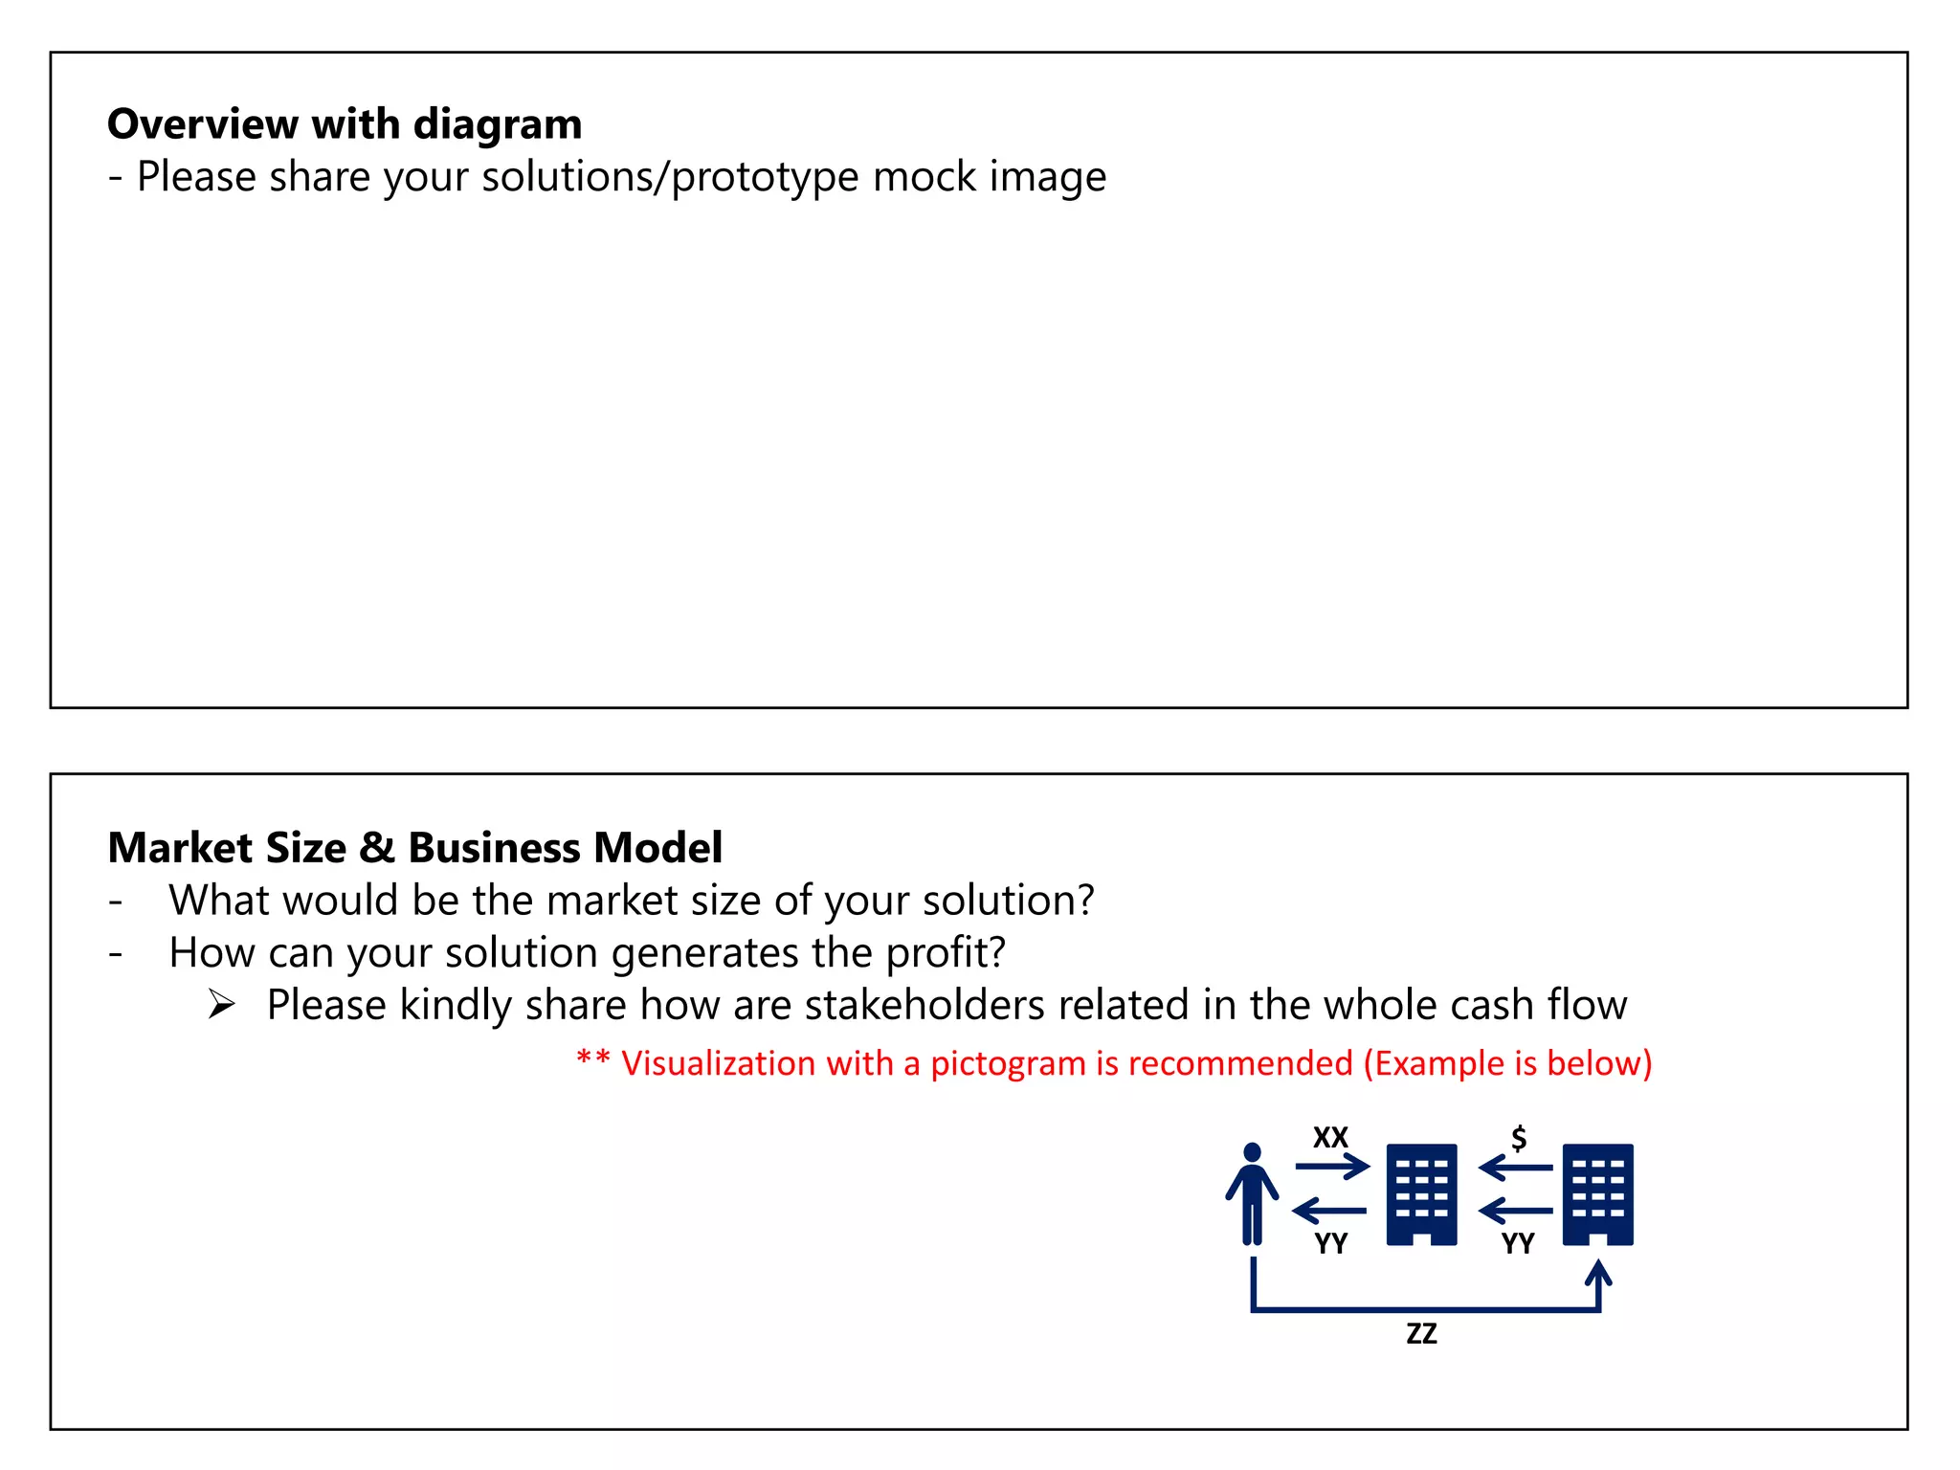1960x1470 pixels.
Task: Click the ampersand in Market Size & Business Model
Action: coord(377,848)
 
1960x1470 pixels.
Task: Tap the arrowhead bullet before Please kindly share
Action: coord(222,1005)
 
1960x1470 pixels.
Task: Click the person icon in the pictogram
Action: coord(1252,1193)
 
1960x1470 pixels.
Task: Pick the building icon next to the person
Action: coord(1421,1194)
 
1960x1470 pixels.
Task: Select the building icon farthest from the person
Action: coord(1597,1194)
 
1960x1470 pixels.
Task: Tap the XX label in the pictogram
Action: coord(1330,1137)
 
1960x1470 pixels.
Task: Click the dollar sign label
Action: coord(1519,1137)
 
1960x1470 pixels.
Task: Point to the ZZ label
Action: coord(1421,1333)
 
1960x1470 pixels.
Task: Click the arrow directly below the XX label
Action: coord(1332,1167)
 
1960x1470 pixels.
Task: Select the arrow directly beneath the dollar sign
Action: coord(1516,1168)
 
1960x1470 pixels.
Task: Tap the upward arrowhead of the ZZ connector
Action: coord(1598,1273)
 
